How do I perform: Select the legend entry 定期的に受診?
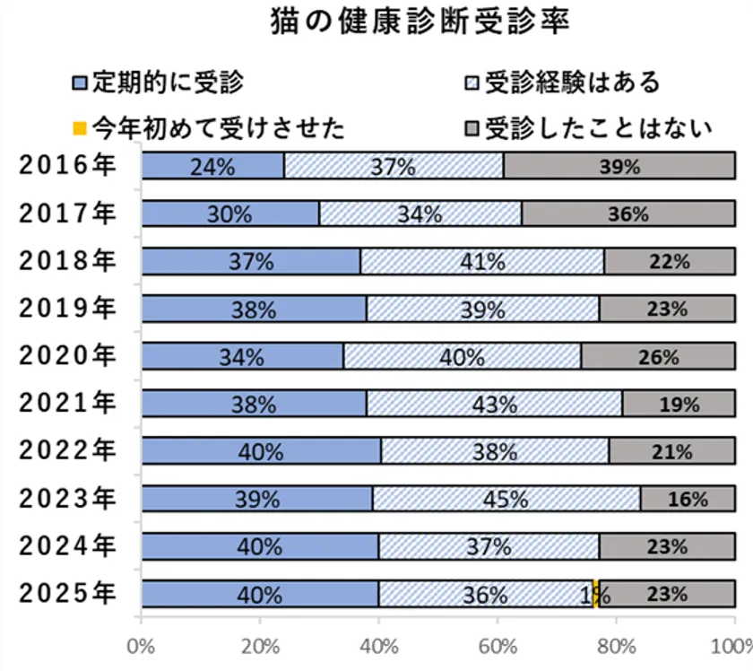tap(157, 83)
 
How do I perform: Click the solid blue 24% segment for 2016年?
tap(212, 166)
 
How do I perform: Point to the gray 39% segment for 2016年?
tap(619, 166)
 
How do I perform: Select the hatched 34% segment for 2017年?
tap(420, 213)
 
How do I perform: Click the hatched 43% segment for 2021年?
tap(494, 404)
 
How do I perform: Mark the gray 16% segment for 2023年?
tap(688, 499)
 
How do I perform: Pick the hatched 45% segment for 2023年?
tap(506, 499)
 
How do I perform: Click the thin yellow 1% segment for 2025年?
tap(596, 594)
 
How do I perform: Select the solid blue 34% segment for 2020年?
tap(242, 356)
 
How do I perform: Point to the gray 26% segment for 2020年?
tap(659, 356)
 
